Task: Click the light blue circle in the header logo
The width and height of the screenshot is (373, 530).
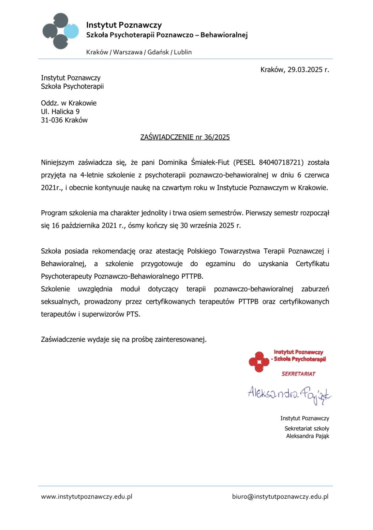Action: (x=71, y=31)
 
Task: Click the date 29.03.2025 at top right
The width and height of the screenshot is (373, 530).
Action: (x=305, y=70)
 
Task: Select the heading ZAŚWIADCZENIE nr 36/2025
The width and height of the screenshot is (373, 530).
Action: (x=185, y=137)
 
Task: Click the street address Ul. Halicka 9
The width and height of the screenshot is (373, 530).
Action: (x=60, y=112)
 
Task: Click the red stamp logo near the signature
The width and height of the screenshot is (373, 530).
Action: (x=259, y=362)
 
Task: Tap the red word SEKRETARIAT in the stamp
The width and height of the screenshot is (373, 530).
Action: (x=299, y=374)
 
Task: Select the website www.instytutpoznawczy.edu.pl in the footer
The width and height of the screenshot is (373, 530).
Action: (x=87, y=497)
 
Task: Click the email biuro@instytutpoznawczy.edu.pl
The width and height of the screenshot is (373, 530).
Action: (x=280, y=497)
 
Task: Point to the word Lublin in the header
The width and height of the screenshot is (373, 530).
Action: (x=183, y=52)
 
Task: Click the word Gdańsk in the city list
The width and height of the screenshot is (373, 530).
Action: (x=158, y=52)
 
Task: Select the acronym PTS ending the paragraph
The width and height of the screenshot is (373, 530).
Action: (x=133, y=314)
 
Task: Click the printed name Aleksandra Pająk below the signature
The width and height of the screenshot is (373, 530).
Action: (x=308, y=436)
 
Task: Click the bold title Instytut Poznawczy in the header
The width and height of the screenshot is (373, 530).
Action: (x=124, y=25)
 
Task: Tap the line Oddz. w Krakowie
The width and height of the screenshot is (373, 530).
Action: (x=69, y=103)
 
